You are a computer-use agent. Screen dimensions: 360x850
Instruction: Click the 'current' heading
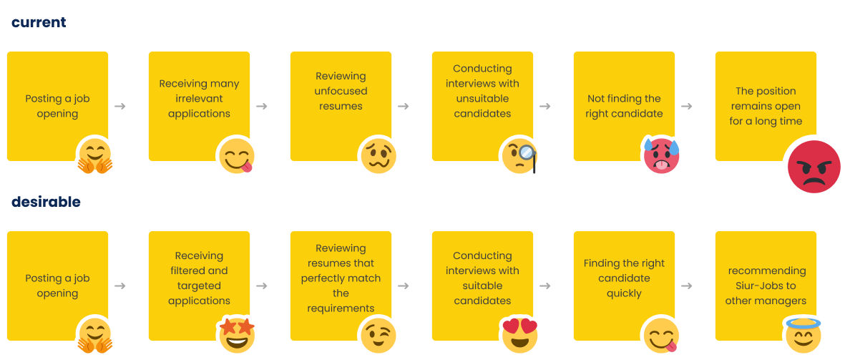point(39,22)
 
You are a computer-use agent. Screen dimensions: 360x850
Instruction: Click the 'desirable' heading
point(46,202)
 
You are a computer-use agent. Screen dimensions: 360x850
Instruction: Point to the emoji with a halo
point(803,334)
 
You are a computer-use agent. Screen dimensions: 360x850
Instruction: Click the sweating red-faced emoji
point(662,156)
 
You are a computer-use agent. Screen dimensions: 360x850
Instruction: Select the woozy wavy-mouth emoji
point(378,156)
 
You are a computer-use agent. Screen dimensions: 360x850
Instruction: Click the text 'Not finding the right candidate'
point(624,106)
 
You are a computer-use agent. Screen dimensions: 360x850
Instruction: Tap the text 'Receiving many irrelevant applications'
point(199,99)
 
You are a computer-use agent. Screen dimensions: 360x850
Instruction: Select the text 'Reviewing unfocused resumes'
point(341,91)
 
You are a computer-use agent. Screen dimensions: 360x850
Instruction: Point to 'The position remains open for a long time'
point(766,106)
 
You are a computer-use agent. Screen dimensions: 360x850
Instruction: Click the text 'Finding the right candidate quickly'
point(624,278)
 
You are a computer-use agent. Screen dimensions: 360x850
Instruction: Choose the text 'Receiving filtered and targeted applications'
point(199,278)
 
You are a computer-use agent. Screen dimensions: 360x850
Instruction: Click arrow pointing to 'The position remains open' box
point(687,106)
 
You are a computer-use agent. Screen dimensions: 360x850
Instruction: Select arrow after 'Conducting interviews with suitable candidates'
point(545,286)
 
